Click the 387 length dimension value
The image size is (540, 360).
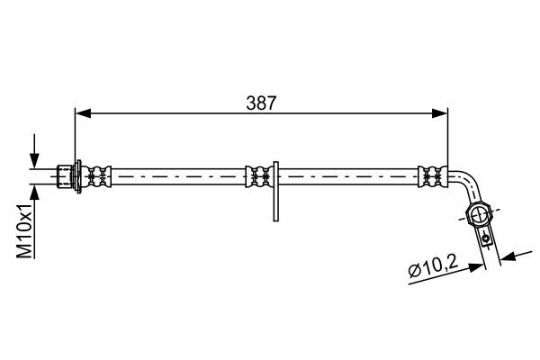(261, 103)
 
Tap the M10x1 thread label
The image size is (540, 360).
(25, 230)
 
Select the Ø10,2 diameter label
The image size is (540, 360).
(433, 267)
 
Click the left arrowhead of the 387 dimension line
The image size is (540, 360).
(83, 113)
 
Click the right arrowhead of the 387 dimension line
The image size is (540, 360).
(440, 113)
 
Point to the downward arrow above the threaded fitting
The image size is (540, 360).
(34, 151)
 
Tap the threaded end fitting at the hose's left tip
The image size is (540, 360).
(65, 176)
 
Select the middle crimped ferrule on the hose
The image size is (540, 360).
(259, 176)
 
